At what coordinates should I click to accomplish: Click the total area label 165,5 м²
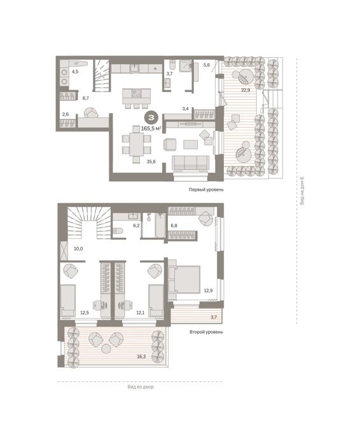pyautogui.click(x=151, y=128)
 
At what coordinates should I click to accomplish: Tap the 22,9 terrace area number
pyautogui.click(x=246, y=90)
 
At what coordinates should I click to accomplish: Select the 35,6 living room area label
pyautogui.click(x=151, y=161)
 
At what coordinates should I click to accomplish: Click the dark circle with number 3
pyautogui.click(x=151, y=117)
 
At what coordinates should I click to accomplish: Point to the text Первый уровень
pyautogui.click(x=206, y=189)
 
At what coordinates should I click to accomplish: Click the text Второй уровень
pyautogui.click(x=206, y=332)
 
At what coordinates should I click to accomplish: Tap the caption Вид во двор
pyautogui.click(x=141, y=387)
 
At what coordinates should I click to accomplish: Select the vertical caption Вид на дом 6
pyautogui.click(x=302, y=191)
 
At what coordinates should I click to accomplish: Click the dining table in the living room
pyautogui.click(x=137, y=144)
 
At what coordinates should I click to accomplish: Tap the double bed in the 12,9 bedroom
pyautogui.click(x=184, y=280)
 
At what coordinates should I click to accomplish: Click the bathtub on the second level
pyautogui.click(x=160, y=225)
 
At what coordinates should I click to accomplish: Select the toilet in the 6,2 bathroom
pyautogui.click(x=117, y=231)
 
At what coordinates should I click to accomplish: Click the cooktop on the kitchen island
pyautogui.click(x=137, y=93)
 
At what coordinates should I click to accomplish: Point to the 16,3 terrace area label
pyautogui.click(x=141, y=356)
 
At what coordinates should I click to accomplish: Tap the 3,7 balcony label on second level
pyautogui.click(x=214, y=317)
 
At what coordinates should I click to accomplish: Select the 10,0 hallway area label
pyautogui.click(x=78, y=249)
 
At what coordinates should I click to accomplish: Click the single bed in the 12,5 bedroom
pyautogui.click(x=68, y=301)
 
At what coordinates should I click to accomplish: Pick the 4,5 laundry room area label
pyautogui.click(x=75, y=72)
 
